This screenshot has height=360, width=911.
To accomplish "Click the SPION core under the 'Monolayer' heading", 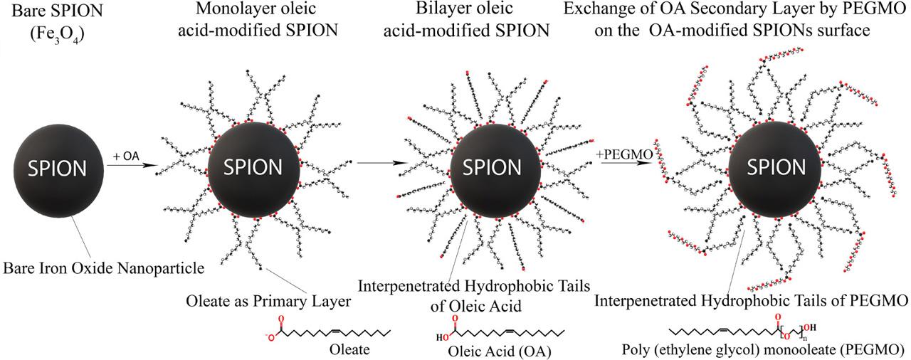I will [252, 169].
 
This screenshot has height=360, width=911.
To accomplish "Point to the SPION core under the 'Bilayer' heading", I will [490, 168].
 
